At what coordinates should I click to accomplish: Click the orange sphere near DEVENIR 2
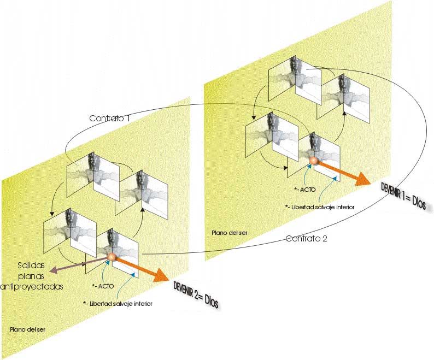point(112,256)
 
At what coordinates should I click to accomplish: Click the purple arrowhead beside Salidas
point(52,270)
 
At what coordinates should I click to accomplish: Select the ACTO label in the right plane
point(303,190)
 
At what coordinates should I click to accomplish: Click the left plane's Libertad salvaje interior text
point(118,303)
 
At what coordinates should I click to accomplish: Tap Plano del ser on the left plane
point(27,330)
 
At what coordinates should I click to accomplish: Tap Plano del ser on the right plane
point(230,233)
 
